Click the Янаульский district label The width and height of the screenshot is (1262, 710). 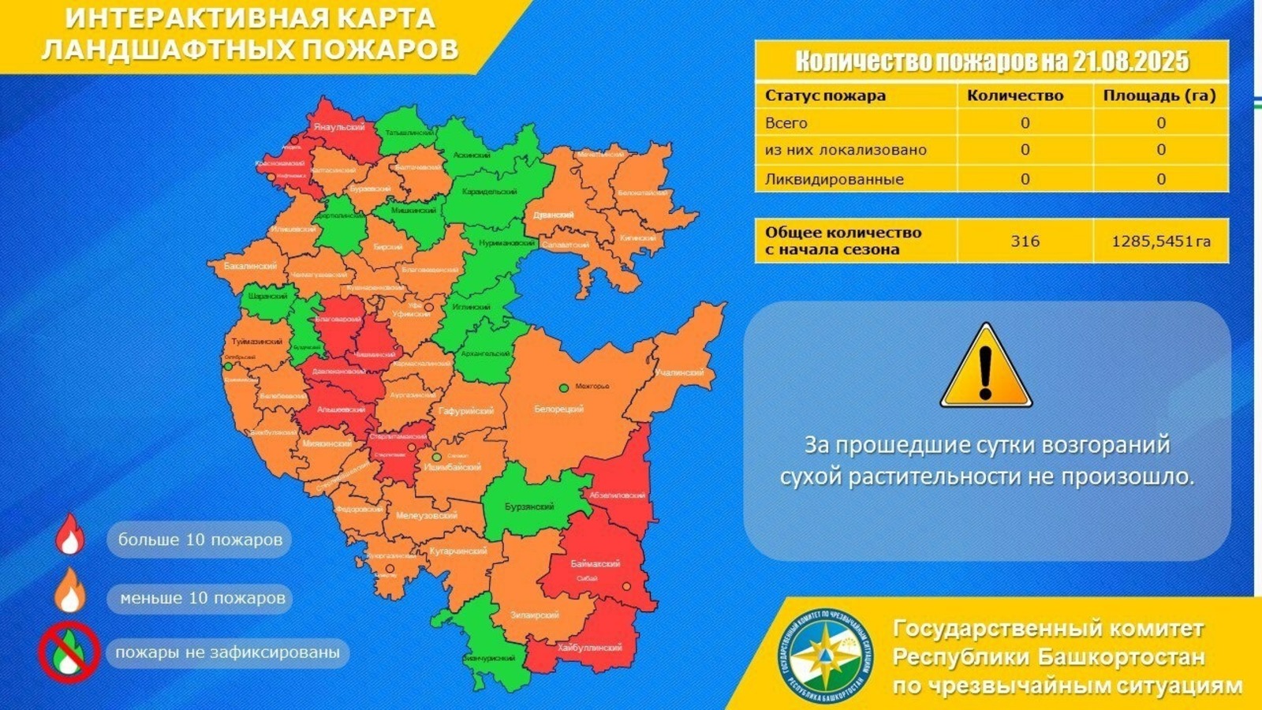(x=338, y=127)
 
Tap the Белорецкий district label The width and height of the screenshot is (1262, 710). (x=558, y=409)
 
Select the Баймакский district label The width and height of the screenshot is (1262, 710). (x=596, y=564)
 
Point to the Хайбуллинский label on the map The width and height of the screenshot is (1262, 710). (x=589, y=648)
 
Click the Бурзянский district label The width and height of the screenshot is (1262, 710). (x=529, y=506)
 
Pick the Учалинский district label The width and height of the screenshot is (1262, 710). (x=679, y=372)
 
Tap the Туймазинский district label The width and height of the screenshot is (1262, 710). (x=257, y=342)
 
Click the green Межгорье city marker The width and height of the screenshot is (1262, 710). (x=564, y=387)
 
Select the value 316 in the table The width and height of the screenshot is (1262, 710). (x=1025, y=241)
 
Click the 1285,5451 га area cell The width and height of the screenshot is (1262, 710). (x=1160, y=241)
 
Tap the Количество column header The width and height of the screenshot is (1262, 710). (x=1015, y=96)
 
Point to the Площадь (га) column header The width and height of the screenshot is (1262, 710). (x=1159, y=96)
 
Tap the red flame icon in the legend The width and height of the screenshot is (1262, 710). (x=69, y=536)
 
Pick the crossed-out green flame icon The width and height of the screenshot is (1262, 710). (x=69, y=652)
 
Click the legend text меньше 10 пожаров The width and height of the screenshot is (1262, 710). (x=203, y=598)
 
